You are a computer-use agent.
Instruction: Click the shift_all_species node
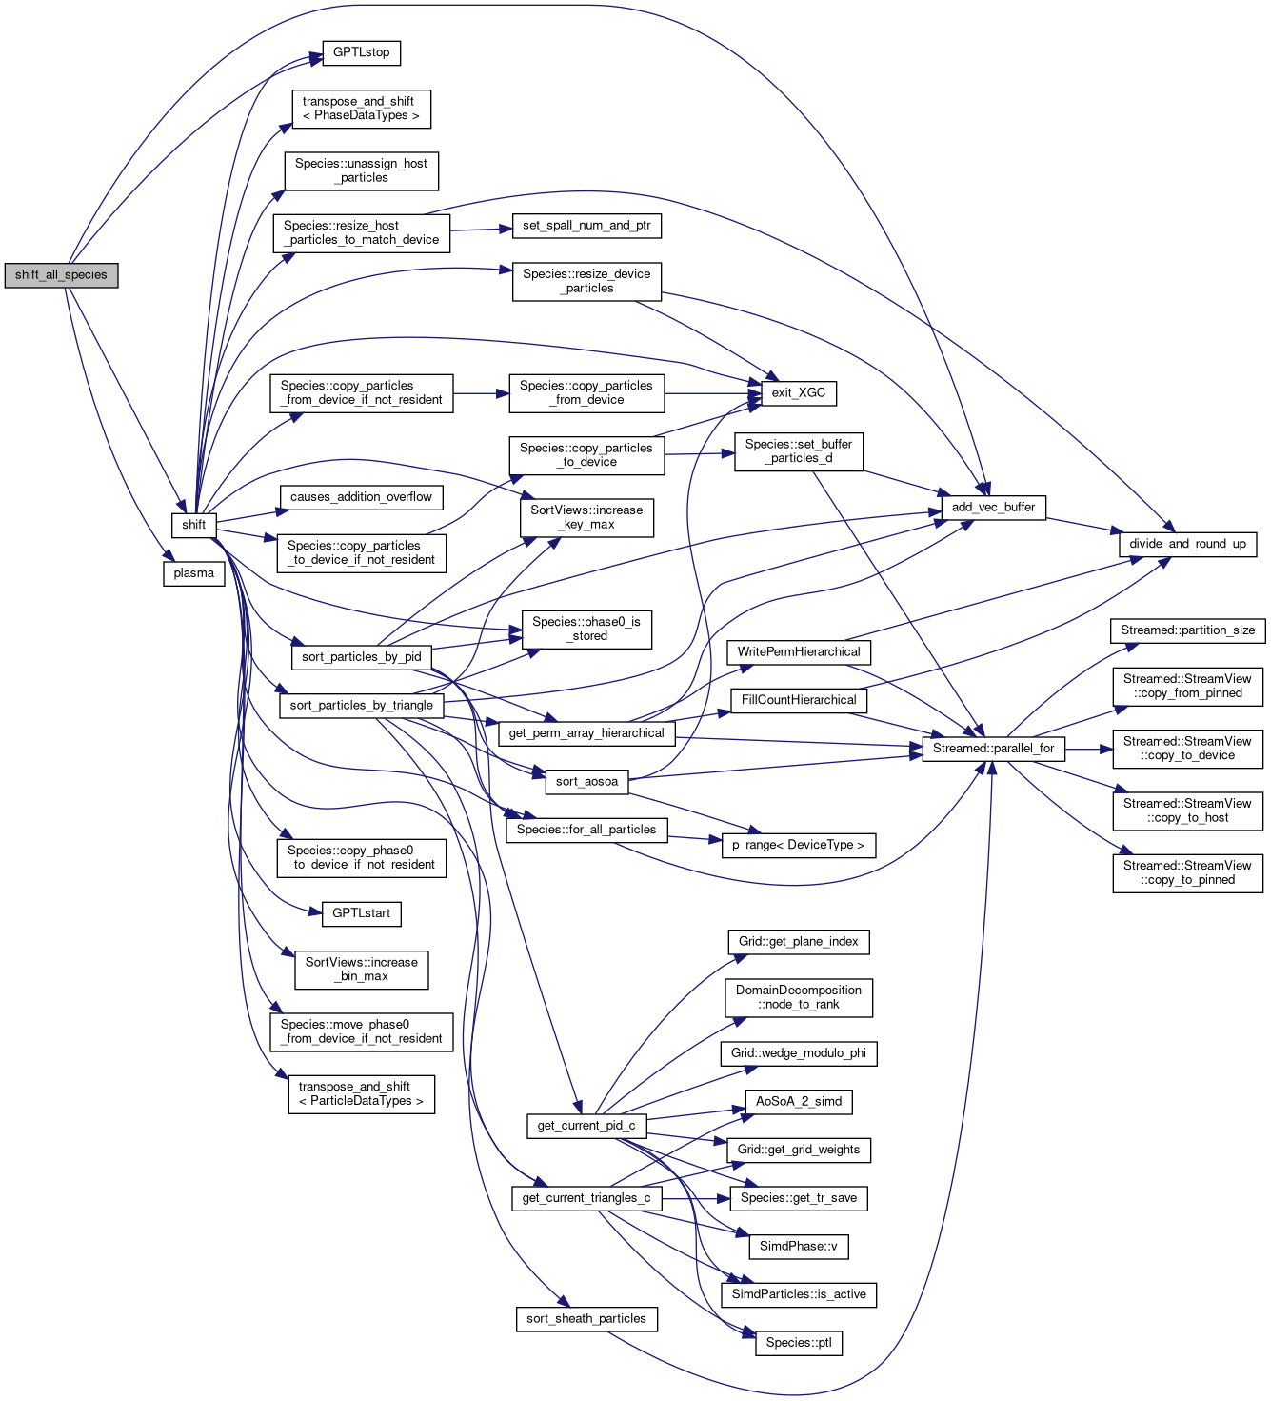(61, 275)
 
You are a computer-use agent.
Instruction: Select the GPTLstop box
(361, 52)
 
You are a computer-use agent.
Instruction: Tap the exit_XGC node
(798, 392)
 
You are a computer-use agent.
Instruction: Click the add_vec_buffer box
(993, 508)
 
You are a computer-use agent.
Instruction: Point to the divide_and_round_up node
(1187, 544)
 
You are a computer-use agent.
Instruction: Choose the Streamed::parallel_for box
(993, 749)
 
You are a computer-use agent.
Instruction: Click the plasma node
(194, 573)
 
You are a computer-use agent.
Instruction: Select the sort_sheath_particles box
(586, 1319)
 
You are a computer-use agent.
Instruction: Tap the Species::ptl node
(798, 1343)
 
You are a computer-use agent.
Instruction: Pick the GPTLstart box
(361, 913)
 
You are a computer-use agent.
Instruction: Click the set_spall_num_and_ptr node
(586, 226)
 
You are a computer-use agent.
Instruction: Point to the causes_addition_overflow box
(361, 497)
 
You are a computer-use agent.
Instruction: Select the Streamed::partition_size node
(1187, 630)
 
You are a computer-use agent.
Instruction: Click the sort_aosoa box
(586, 782)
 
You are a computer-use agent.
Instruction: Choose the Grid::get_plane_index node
(798, 942)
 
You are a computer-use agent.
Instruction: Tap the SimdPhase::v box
(798, 1247)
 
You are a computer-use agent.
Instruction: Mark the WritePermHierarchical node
(798, 652)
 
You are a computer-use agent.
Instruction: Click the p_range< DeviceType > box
(798, 845)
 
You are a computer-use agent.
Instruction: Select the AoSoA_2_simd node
(798, 1102)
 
